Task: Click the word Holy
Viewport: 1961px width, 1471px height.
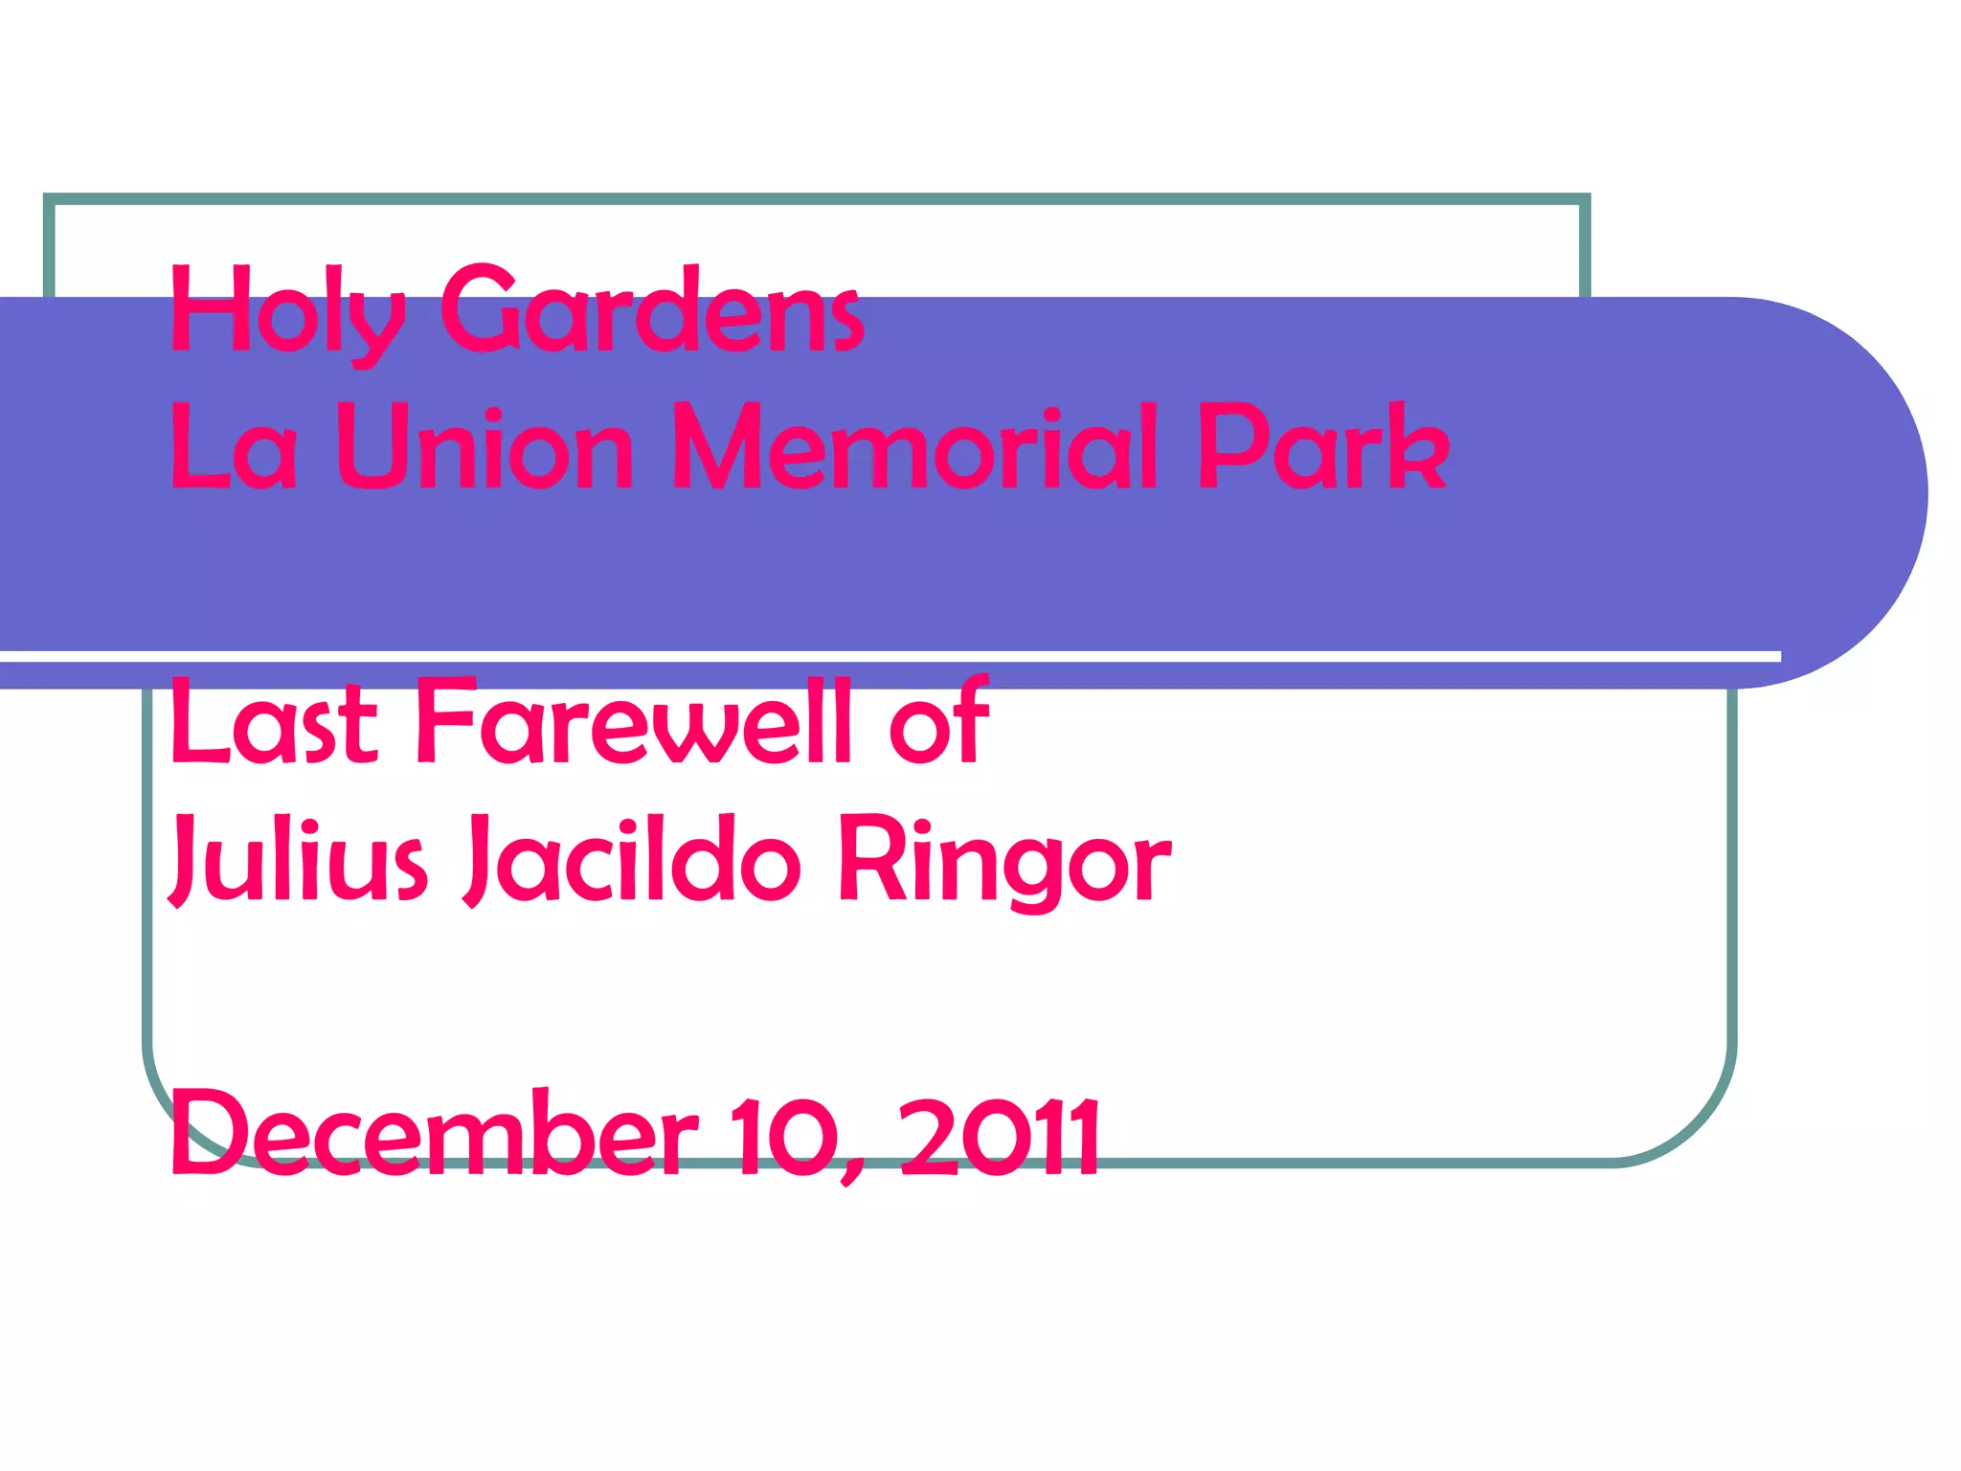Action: coord(287,311)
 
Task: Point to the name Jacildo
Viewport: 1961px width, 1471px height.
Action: coord(632,859)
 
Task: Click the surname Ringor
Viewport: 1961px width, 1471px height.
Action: coord(1004,859)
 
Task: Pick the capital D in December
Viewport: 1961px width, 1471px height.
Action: coord(206,1134)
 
